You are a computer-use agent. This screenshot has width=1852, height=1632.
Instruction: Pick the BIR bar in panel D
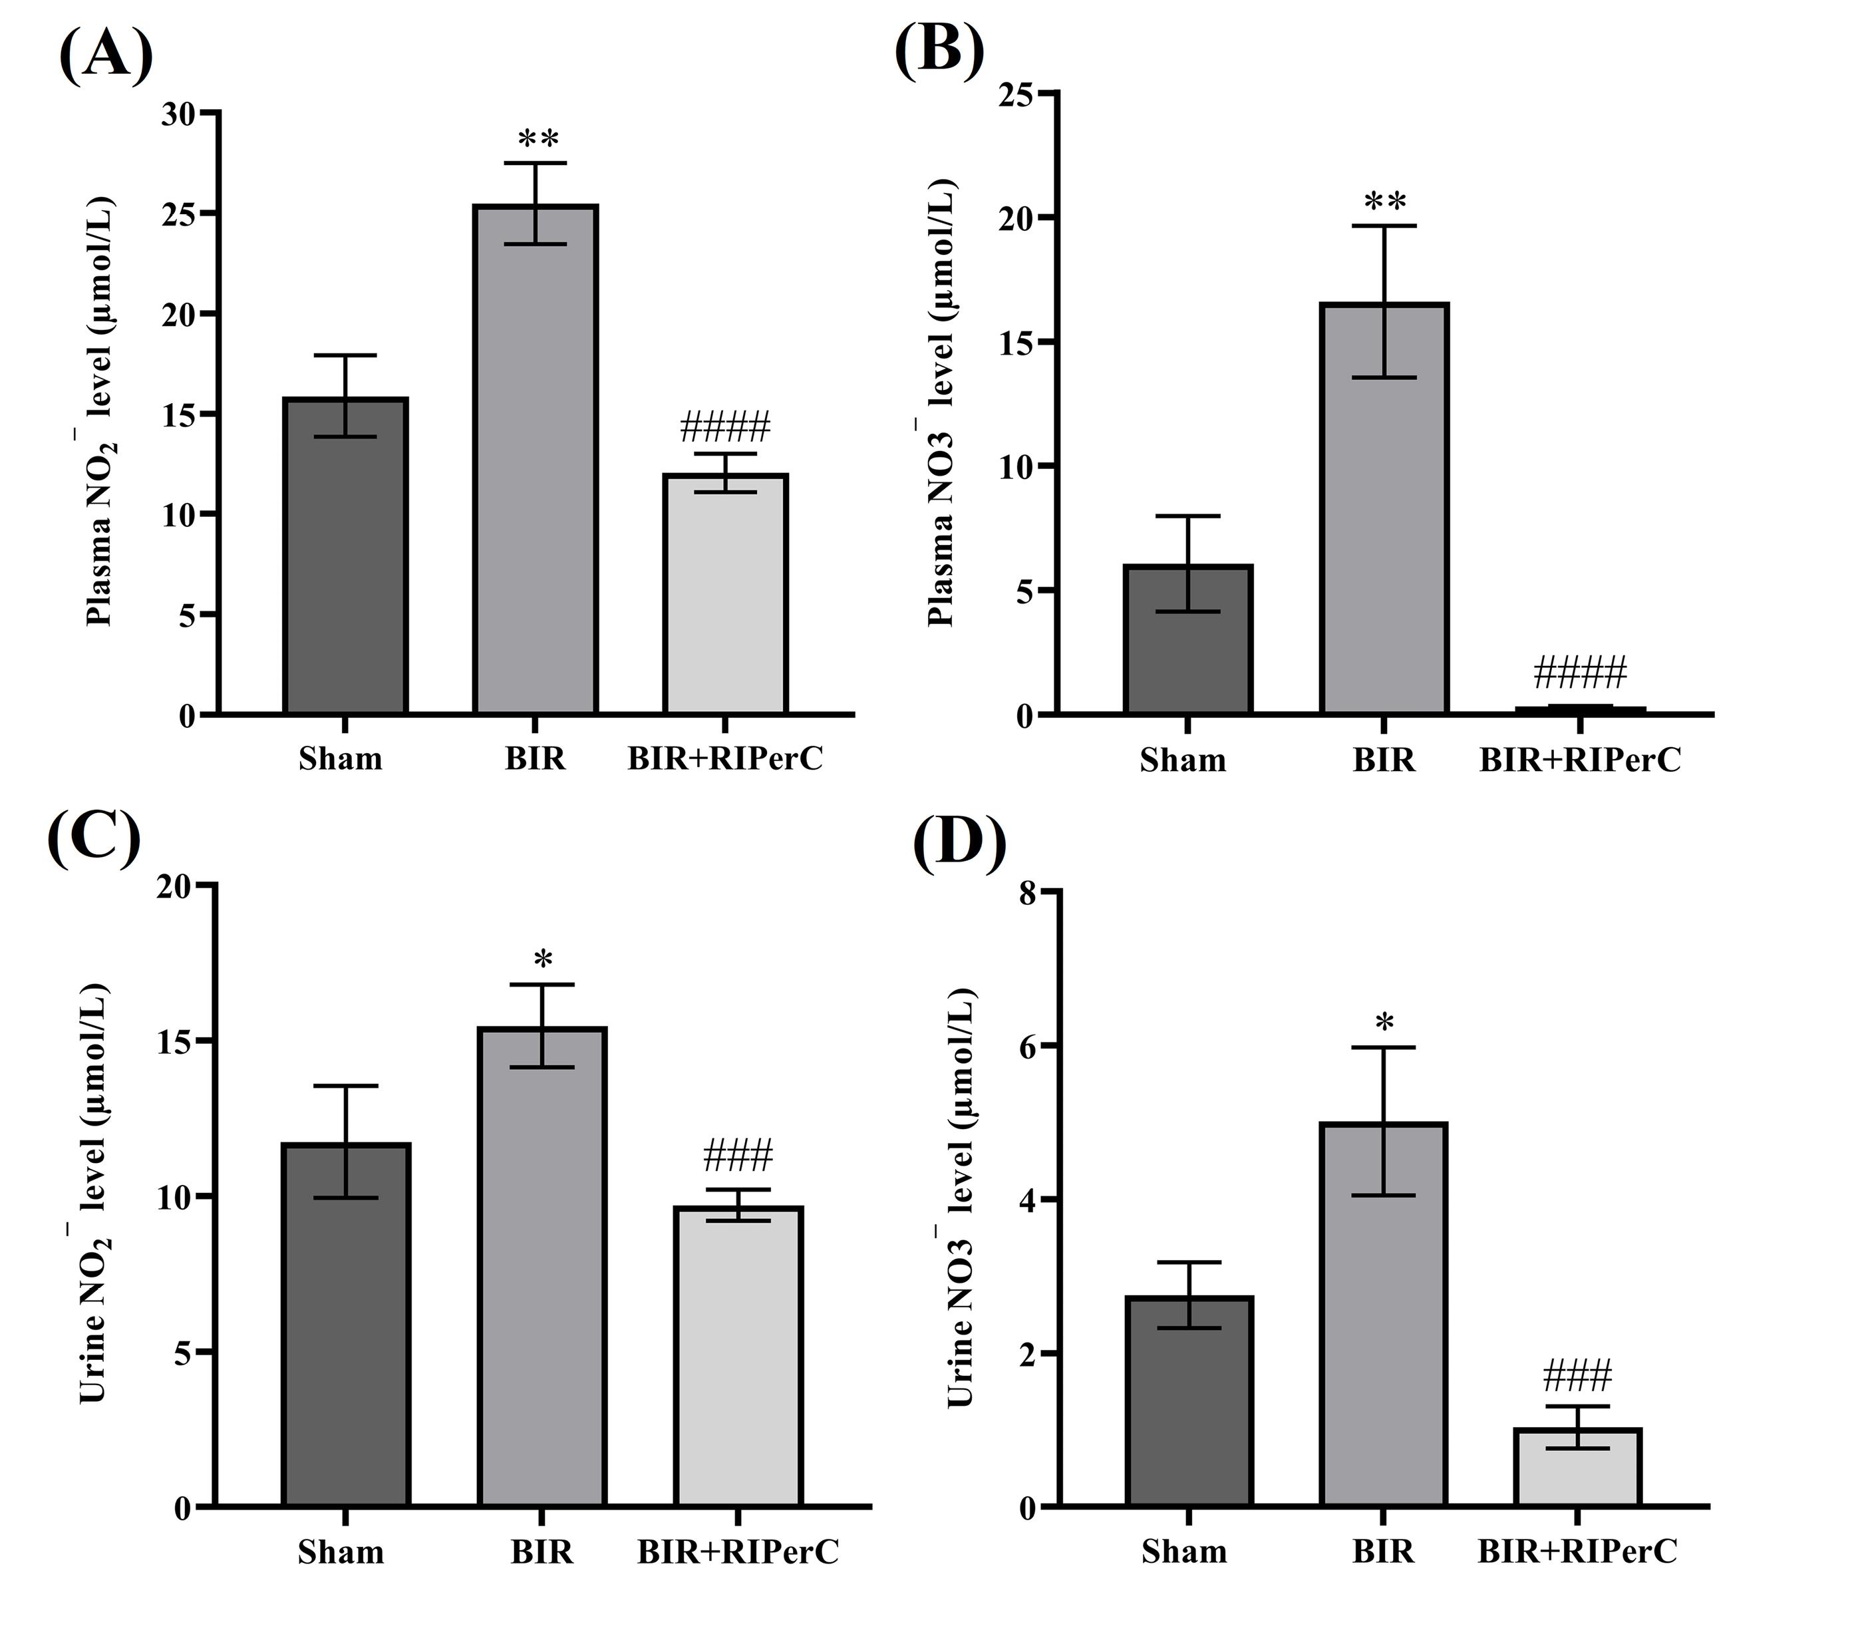pos(1384,1314)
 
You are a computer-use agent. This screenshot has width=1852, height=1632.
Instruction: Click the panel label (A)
pos(105,56)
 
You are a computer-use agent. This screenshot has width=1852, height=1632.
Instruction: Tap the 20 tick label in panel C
pos(177,887)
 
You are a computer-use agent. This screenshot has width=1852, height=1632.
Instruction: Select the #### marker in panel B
pos(1579,673)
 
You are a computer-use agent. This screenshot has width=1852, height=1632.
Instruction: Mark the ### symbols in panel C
pos(738,1156)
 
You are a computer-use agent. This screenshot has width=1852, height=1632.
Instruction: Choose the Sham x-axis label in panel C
pos(341,1552)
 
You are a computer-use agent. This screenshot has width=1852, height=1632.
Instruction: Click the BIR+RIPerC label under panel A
pos(725,759)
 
